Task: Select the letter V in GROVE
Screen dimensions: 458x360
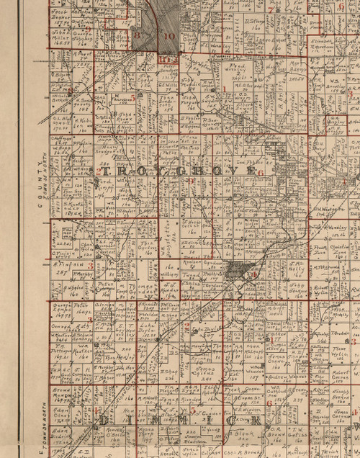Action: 230,174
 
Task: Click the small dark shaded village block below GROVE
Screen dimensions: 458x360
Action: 238,271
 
